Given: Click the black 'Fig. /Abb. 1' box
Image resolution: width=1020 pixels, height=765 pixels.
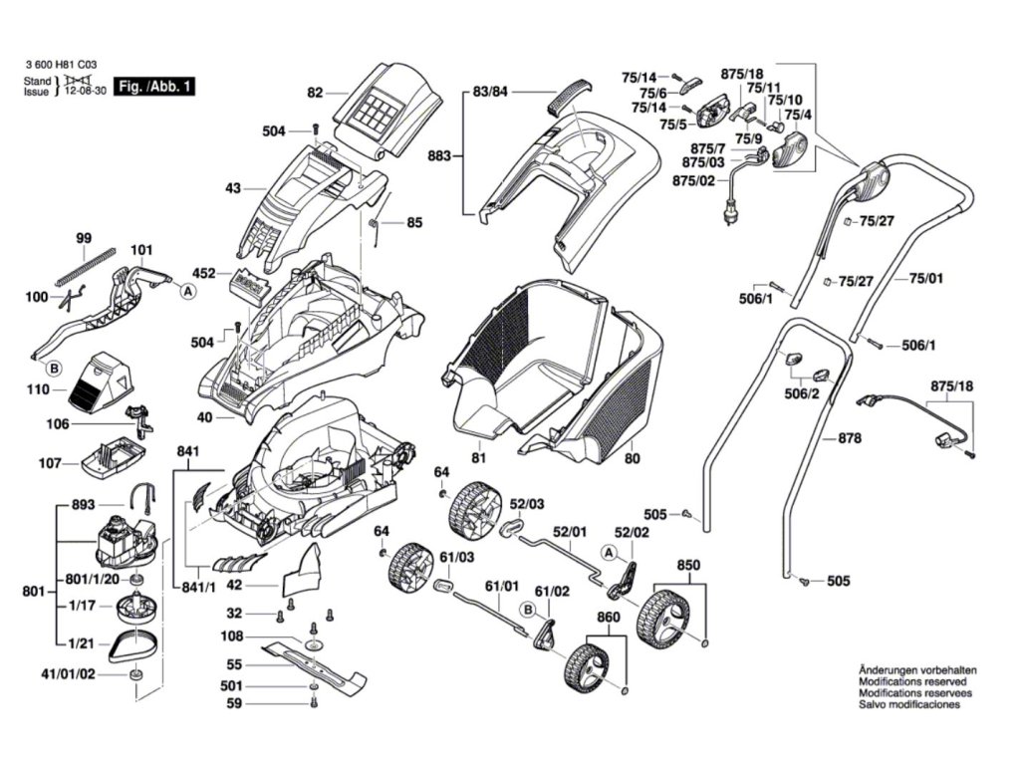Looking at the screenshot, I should tap(153, 87).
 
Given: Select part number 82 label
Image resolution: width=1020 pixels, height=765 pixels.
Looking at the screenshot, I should tap(315, 93).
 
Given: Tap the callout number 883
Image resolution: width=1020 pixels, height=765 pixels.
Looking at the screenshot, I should tap(439, 155).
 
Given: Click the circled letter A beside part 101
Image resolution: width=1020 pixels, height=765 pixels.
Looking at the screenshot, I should tap(186, 291).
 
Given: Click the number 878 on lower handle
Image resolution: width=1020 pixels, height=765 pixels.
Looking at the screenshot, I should tap(849, 438).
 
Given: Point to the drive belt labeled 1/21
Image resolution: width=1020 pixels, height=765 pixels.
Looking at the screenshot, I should tap(134, 644).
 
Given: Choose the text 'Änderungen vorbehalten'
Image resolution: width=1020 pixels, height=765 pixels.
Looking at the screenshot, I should tap(917, 670).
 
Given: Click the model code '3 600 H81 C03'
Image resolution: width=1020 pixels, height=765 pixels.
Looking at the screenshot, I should tap(62, 63).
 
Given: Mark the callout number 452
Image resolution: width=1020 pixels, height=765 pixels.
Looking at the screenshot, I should tap(203, 273).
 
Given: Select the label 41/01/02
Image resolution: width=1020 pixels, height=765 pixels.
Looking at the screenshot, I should tap(69, 674).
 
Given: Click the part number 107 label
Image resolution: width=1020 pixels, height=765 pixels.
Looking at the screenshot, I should tap(50, 463).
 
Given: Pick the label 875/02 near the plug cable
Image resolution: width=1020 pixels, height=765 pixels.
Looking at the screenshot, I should tap(693, 180).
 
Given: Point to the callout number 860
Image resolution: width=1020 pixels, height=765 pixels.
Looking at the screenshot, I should tap(609, 619).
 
